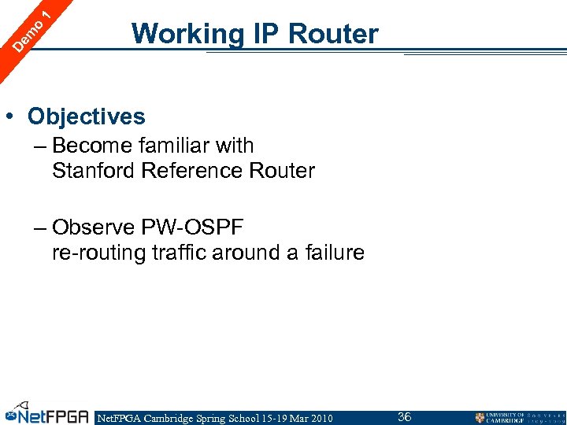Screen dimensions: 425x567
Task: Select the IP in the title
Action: pos(265,35)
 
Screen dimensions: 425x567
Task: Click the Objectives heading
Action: pos(87,116)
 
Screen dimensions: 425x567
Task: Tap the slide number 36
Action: pos(404,416)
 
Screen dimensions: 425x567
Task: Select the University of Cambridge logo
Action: pos(519,417)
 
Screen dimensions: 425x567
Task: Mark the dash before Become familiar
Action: pos(40,146)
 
